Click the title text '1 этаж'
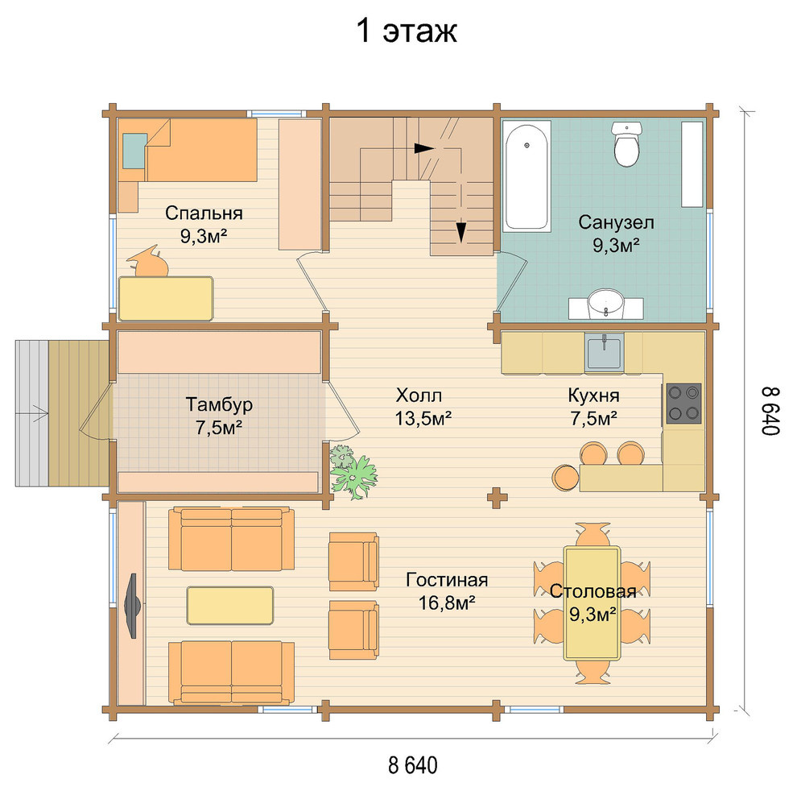407,31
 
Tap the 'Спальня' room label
204,213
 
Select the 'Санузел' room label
616,222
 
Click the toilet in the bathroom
626,144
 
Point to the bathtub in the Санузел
527,176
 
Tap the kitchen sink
604,351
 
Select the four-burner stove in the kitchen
683,404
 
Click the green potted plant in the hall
353,471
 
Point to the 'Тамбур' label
219,404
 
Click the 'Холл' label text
419,395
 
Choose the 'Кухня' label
593,395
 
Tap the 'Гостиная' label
448,580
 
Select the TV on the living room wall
132,606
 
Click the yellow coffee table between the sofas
230,605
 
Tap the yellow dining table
592,603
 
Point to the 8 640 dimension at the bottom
413,765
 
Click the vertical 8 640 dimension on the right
770,411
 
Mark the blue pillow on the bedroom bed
134,151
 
